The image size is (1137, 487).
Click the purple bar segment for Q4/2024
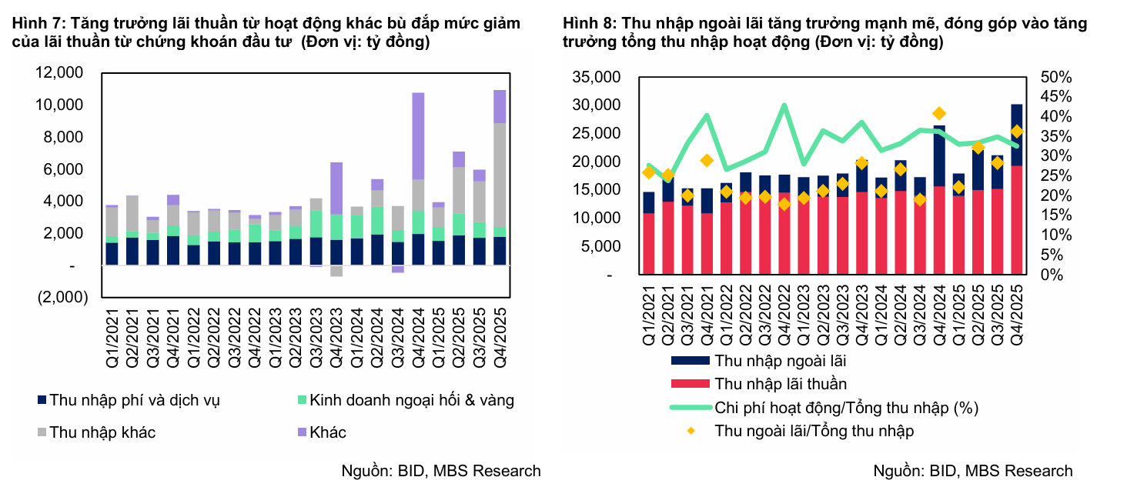tap(418, 136)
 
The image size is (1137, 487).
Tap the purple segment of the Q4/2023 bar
tap(336, 188)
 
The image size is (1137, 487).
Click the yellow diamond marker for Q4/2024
tap(939, 114)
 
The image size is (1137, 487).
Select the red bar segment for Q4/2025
tap(1017, 219)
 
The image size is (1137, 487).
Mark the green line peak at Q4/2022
tap(784, 105)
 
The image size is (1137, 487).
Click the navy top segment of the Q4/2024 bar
tap(939, 156)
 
